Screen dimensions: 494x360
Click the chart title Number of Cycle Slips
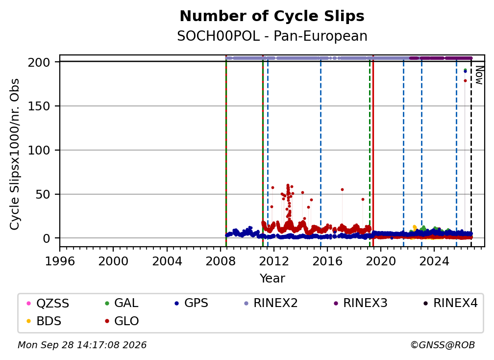coord(272,16)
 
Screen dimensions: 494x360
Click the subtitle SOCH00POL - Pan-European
coord(272,36)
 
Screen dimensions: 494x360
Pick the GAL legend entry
coord(122,303)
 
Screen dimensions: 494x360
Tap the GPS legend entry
coord(192,303)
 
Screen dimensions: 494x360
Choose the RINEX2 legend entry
coord(271,303)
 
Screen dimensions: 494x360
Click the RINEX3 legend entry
coord(360,303)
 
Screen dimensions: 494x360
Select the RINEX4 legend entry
coord(450,303)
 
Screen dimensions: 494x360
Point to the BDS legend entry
coord(44,321)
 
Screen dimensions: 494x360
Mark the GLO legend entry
coord(122,321)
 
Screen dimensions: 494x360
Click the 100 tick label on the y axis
coord(39,151)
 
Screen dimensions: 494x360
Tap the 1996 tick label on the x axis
coord(60,261)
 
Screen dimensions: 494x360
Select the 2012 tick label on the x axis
coord(274,261)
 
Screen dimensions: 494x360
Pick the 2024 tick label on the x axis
coord(434,261)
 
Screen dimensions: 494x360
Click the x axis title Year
coord(272,279)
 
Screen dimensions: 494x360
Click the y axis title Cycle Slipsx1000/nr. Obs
coord(15,154)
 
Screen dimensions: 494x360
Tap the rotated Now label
coord(479,75)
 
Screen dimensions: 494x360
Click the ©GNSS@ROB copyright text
coord(443,345)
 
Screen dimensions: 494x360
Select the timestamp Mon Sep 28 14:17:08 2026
coord(82,345)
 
